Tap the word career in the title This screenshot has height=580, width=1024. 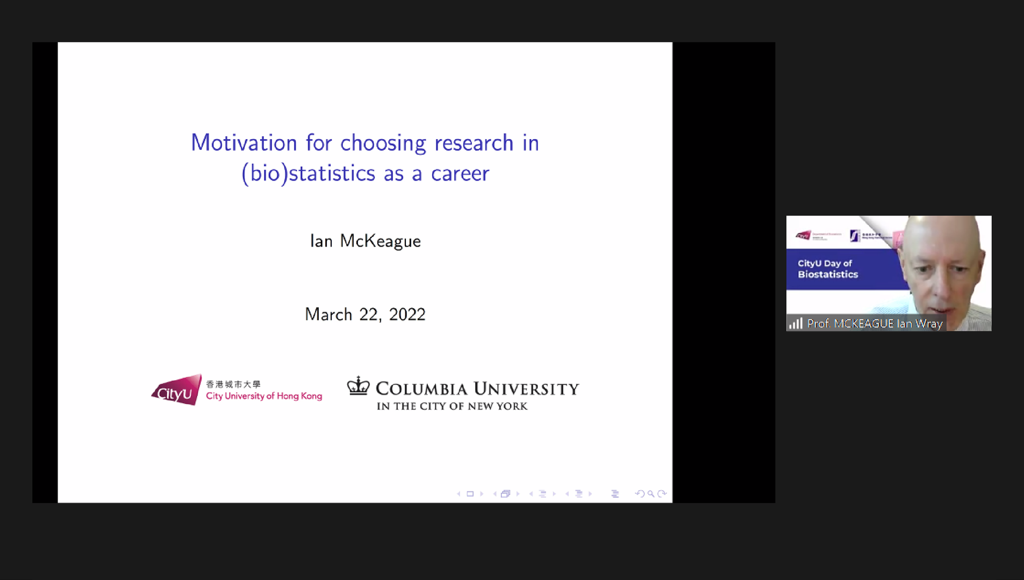click(460, 173)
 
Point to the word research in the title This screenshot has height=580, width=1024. click(474, 143)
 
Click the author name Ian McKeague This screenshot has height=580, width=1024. click(365, 241)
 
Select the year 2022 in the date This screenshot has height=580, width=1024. click(407, 314)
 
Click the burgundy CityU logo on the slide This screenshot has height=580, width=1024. click(176, 390)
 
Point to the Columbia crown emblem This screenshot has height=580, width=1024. click(359, 386)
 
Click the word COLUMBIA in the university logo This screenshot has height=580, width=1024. click(421, 389)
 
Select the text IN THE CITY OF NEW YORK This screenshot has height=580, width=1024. click(452, 407)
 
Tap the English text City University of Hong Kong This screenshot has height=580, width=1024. click(264, 396)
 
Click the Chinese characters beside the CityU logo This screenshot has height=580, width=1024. click(233, 384)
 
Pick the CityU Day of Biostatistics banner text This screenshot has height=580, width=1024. click(827, 269)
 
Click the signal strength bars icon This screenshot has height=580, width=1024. click(796, 323)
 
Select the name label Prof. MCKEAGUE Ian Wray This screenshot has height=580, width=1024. click(875, 323)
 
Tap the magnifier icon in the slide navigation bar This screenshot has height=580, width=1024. click(650, 494)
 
